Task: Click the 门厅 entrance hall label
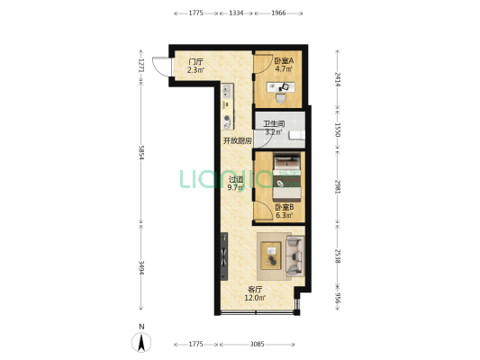coord(195,61)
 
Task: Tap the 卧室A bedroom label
coord(284,60)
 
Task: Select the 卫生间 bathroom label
coord(275,124)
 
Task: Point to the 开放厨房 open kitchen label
coord(238,141)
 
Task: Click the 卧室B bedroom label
coord(285,207)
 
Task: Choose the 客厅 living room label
coord(255,289)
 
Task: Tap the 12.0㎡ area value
coord(255,298)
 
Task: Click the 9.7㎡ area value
coord(236,187)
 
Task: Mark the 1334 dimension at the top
coord(236,13)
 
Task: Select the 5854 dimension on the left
coord(141,152)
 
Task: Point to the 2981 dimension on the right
coord(338,186)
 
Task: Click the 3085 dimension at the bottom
coord(257,344)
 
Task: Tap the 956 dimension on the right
coord(338,299)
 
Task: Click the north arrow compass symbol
coord(141,342)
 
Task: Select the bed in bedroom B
coord(287,177)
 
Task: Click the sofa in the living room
coord(295,256)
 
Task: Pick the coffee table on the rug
coord(271,256)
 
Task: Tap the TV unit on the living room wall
coord(224,256)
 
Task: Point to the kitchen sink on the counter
coord(227,91)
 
